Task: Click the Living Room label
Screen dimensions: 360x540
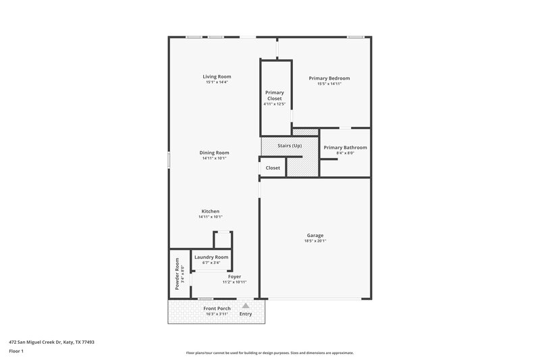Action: pos(217,77)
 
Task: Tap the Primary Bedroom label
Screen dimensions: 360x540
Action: pos(329,78)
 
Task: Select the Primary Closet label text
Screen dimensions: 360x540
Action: pos(274,95)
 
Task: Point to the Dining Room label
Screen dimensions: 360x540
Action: pos(214,153)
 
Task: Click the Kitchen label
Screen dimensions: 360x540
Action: pos(210,211)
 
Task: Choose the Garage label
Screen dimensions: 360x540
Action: pos(315,235)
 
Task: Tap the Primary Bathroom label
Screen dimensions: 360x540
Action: pos(345,147)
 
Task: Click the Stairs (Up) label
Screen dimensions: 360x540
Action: pos(290,146)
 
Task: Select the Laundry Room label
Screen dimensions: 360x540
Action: pos(211,257)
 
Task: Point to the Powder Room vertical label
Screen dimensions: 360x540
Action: pos(178,274)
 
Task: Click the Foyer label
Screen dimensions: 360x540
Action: pos(234,276)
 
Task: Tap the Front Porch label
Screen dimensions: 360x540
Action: pos(217,309)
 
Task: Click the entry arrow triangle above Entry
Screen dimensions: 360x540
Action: pos(246,306)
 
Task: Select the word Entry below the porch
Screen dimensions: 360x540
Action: pos(246,313)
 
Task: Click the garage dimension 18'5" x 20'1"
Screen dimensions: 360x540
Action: pos(315,240)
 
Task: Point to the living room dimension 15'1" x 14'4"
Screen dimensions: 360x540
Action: pos(217,82)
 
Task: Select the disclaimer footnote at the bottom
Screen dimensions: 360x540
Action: pos(269,353)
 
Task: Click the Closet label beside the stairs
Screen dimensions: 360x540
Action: pos(273,168)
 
